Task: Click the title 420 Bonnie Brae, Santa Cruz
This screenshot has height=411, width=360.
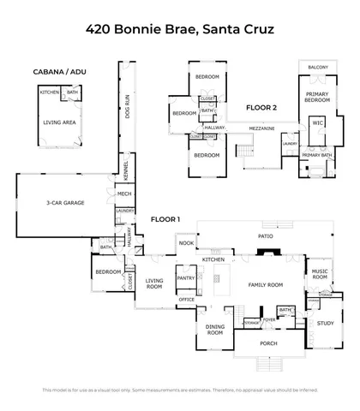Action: [180, 29]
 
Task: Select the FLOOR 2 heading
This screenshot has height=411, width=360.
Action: [261, 108]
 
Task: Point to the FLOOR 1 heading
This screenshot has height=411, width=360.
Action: [165, 220]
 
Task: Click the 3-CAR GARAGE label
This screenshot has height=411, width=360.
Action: [63, 204]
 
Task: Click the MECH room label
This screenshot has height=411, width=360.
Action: [124, 194]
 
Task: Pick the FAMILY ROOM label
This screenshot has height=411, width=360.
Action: [266, 285]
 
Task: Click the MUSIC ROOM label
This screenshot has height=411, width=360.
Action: [320, 275]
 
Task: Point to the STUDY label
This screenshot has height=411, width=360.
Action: [325, 323]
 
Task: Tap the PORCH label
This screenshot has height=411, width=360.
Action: [269, 346]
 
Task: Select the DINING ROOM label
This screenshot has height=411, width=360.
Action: [214, 330]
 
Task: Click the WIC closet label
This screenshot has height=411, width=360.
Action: [317, 122]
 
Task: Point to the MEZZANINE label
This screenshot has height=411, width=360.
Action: [262, 128]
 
